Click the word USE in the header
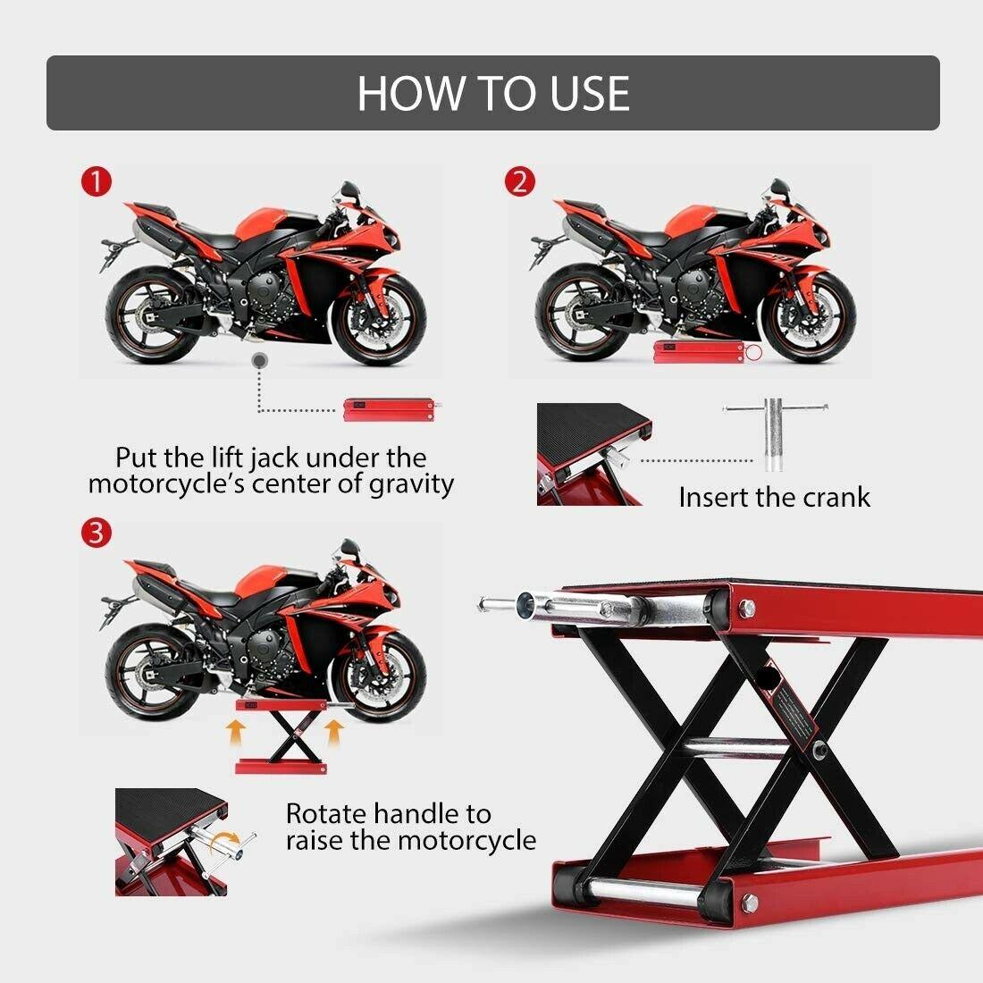click(589, 94)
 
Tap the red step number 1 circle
click(96, 181)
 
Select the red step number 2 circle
click(520, 181)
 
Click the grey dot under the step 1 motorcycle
click(259, 360)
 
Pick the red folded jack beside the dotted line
click(390, 409)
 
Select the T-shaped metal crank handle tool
click(775, 433)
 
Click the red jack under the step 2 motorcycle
click(706, 352)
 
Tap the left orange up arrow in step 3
click(235, 733)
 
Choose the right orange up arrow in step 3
click(335, 733)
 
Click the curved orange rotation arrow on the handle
click(224, 842)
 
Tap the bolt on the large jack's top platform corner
click(747, 607)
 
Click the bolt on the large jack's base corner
click(749, 903)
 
